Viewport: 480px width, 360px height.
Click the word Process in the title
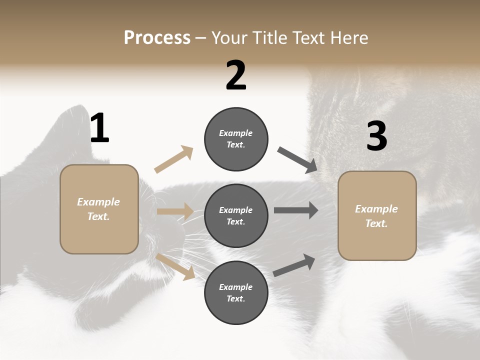click(x=157, y=38)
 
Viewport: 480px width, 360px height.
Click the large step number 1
click(x=99, y=128)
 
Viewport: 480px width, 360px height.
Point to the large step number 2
click(x=236, y=75)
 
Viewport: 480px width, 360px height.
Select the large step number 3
click(x=376, y=136)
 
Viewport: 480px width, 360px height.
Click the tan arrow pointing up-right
click(x=174, y=159)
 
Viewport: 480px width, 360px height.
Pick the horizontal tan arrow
click(x=175, y=211)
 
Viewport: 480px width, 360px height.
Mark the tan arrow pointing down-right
click(x=175, y=266)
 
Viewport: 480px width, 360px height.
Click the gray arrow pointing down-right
click(x=297, y=159)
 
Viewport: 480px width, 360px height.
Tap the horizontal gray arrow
click(x=295, y=210)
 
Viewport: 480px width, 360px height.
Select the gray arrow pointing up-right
click(x=294, y=265)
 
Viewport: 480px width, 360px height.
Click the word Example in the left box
click(x=98, y=202)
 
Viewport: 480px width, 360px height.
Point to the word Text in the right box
click(x=376, y=223)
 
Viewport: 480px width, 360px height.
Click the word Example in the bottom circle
click(x=235, y=287)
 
